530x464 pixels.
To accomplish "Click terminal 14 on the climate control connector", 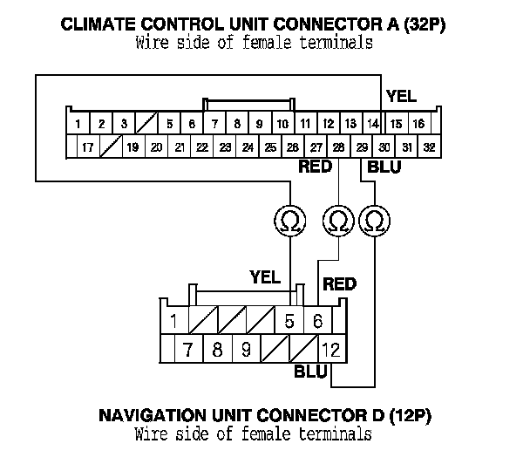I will [x=372, y=124].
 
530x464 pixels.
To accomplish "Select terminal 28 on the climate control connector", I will [x=338, y=147].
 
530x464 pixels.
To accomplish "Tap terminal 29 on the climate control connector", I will [x=362, y=147].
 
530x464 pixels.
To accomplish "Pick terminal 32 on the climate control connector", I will [x=429, y=147].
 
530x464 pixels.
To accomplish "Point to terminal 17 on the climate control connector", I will [x=87, y=147].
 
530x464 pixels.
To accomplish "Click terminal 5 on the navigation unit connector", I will [x=289, y=320].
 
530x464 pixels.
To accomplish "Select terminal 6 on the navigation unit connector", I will [x=317, y=320].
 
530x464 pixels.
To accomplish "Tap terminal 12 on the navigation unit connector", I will [x=330, y=350].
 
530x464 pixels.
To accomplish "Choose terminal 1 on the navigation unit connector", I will [x=174, y=320].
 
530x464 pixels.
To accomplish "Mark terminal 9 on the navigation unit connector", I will [x=247, y=350].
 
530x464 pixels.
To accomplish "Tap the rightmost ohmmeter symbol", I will [x=375, y=221].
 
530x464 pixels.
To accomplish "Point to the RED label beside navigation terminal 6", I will [x=339, y=283].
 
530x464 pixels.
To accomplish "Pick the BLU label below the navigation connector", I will [x=310, y=372].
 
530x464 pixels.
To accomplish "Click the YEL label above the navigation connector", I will [x=265, y=277].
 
